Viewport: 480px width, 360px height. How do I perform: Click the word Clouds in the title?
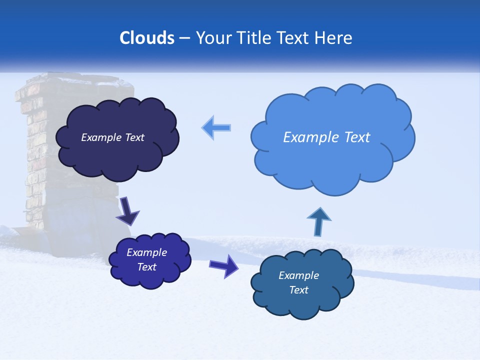(x=147, y=38)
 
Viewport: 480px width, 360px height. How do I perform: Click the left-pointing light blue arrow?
(x=216, y=127)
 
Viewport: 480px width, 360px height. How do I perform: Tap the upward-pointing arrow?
(x=318, y=221)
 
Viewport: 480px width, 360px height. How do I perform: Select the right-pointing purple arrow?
(x=224, y=265)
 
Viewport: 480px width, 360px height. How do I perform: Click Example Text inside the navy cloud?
(x=112, y=137)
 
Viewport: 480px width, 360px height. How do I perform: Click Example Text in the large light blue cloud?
(x=326, y=137)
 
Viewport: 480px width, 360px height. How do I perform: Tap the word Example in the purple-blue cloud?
(x=146, y=252)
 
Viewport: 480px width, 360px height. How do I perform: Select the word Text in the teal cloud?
(x=298, y=290)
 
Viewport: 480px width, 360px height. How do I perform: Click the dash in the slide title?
(x=184, y=38)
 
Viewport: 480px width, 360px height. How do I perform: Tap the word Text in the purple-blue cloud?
(x=146, y=267)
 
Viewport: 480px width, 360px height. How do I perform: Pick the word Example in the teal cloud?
(x=298, y=275)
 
